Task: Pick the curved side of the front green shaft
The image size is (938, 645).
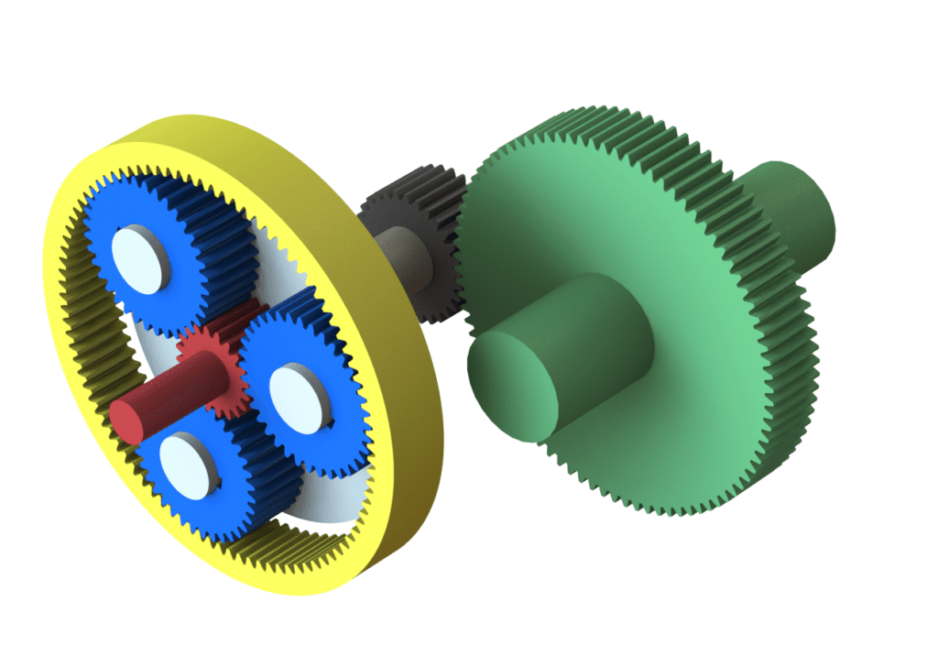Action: tap(586, 348)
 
